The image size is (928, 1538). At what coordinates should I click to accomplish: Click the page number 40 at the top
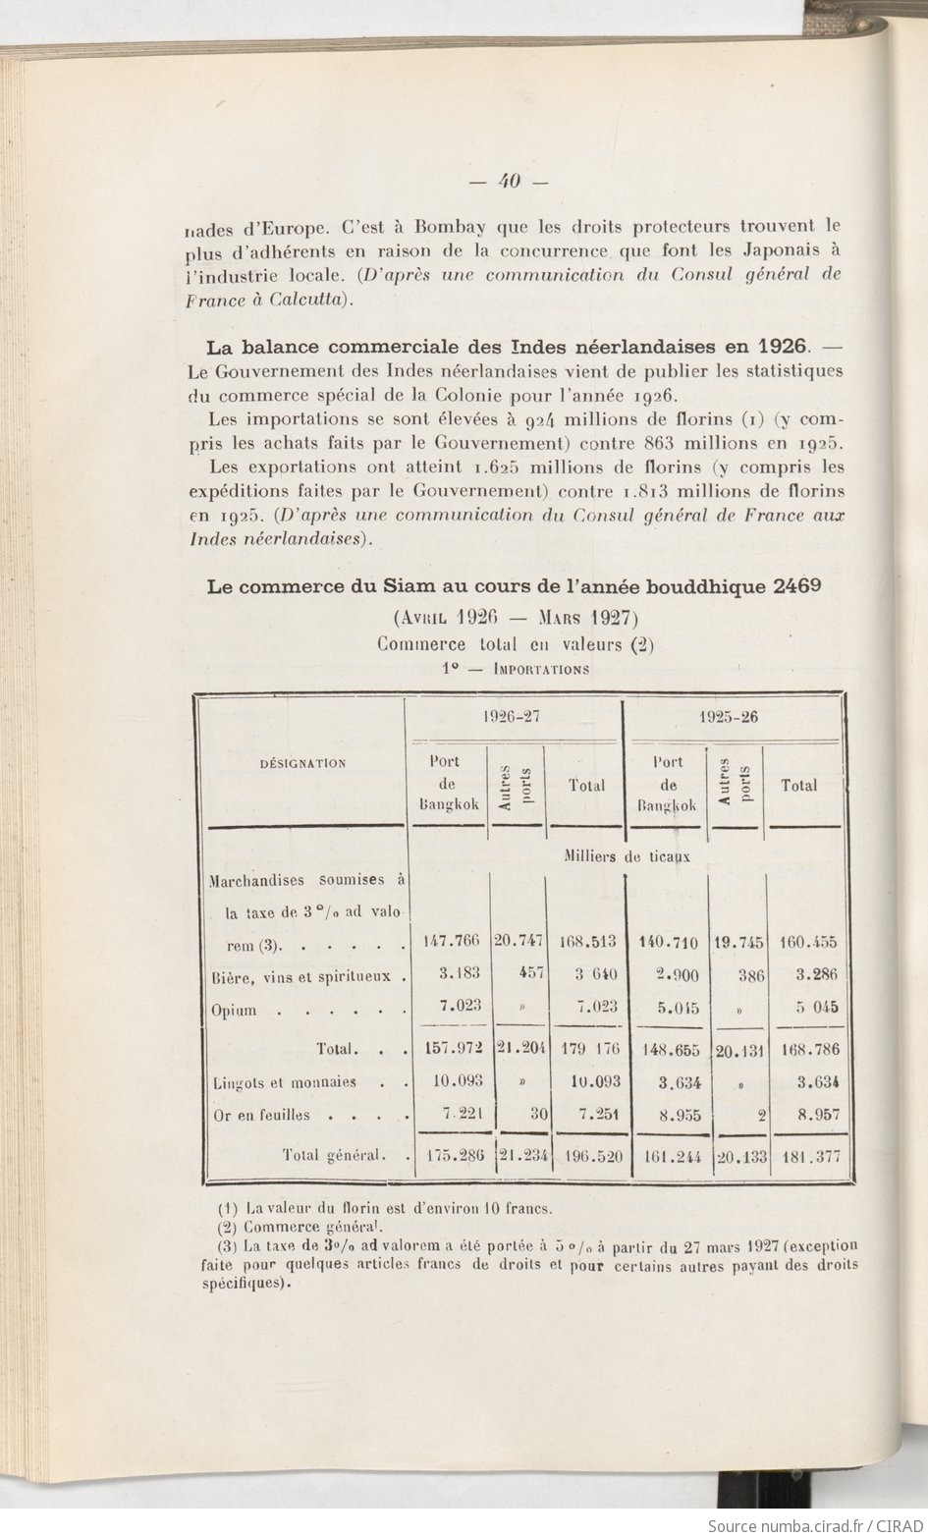(509, 181)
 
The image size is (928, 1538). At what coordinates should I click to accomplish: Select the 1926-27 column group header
(513, 717)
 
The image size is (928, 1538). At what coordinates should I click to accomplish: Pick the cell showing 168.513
(587, 942)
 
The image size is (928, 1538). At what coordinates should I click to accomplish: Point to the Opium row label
(235, 1011)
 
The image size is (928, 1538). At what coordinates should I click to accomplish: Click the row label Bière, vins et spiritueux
(302, 976)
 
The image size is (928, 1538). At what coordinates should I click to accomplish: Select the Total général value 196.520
(587, 1156)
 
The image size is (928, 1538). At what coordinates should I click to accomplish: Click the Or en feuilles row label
(261, 1116)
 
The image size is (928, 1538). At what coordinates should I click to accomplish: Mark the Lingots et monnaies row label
(285, 1083)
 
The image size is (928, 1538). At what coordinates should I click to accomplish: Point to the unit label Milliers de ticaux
(628, 856)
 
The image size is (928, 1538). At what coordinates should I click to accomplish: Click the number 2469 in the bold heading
(797, 587)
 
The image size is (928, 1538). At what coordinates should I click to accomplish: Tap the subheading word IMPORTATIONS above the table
(542, 670)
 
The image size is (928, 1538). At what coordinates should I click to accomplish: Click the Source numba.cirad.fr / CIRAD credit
(811, 1525)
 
